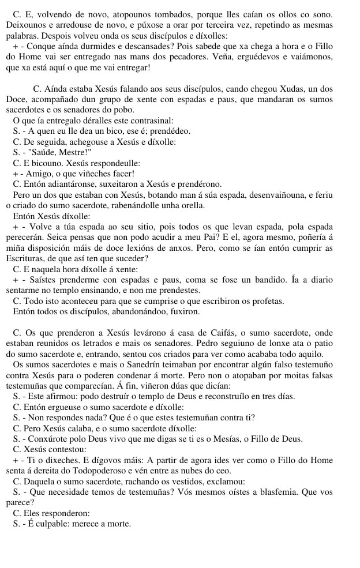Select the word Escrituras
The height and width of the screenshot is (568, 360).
point(25,258)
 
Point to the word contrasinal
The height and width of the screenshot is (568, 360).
point(148,121)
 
